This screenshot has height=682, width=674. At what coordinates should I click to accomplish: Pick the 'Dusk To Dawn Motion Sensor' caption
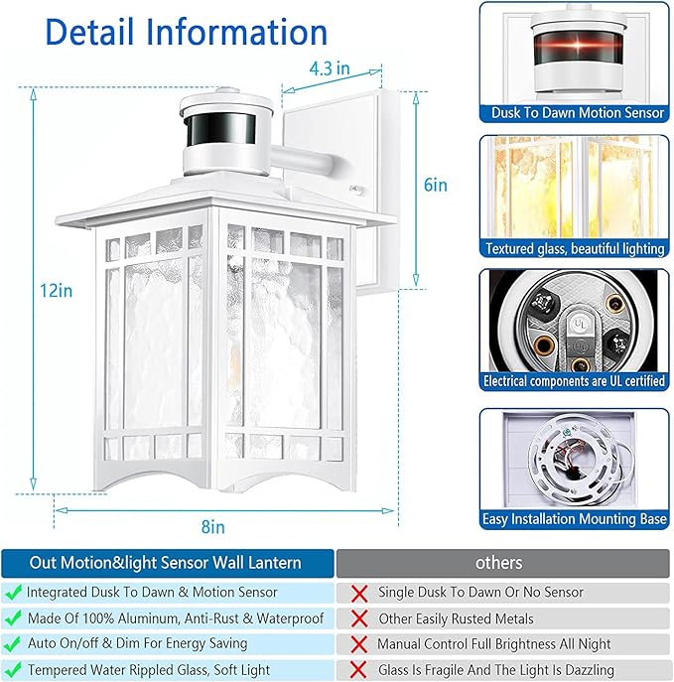[x=578, y=113]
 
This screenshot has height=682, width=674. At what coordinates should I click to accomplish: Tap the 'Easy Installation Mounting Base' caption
[x=575, y=518]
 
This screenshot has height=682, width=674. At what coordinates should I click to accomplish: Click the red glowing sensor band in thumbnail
[x=577, y=50]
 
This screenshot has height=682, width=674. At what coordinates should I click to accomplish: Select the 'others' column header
[x=498, y=563]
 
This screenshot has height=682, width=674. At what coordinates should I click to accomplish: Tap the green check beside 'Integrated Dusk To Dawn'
[x=13, y=592]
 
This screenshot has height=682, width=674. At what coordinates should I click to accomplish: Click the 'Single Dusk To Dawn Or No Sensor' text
[x=480, y=592]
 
